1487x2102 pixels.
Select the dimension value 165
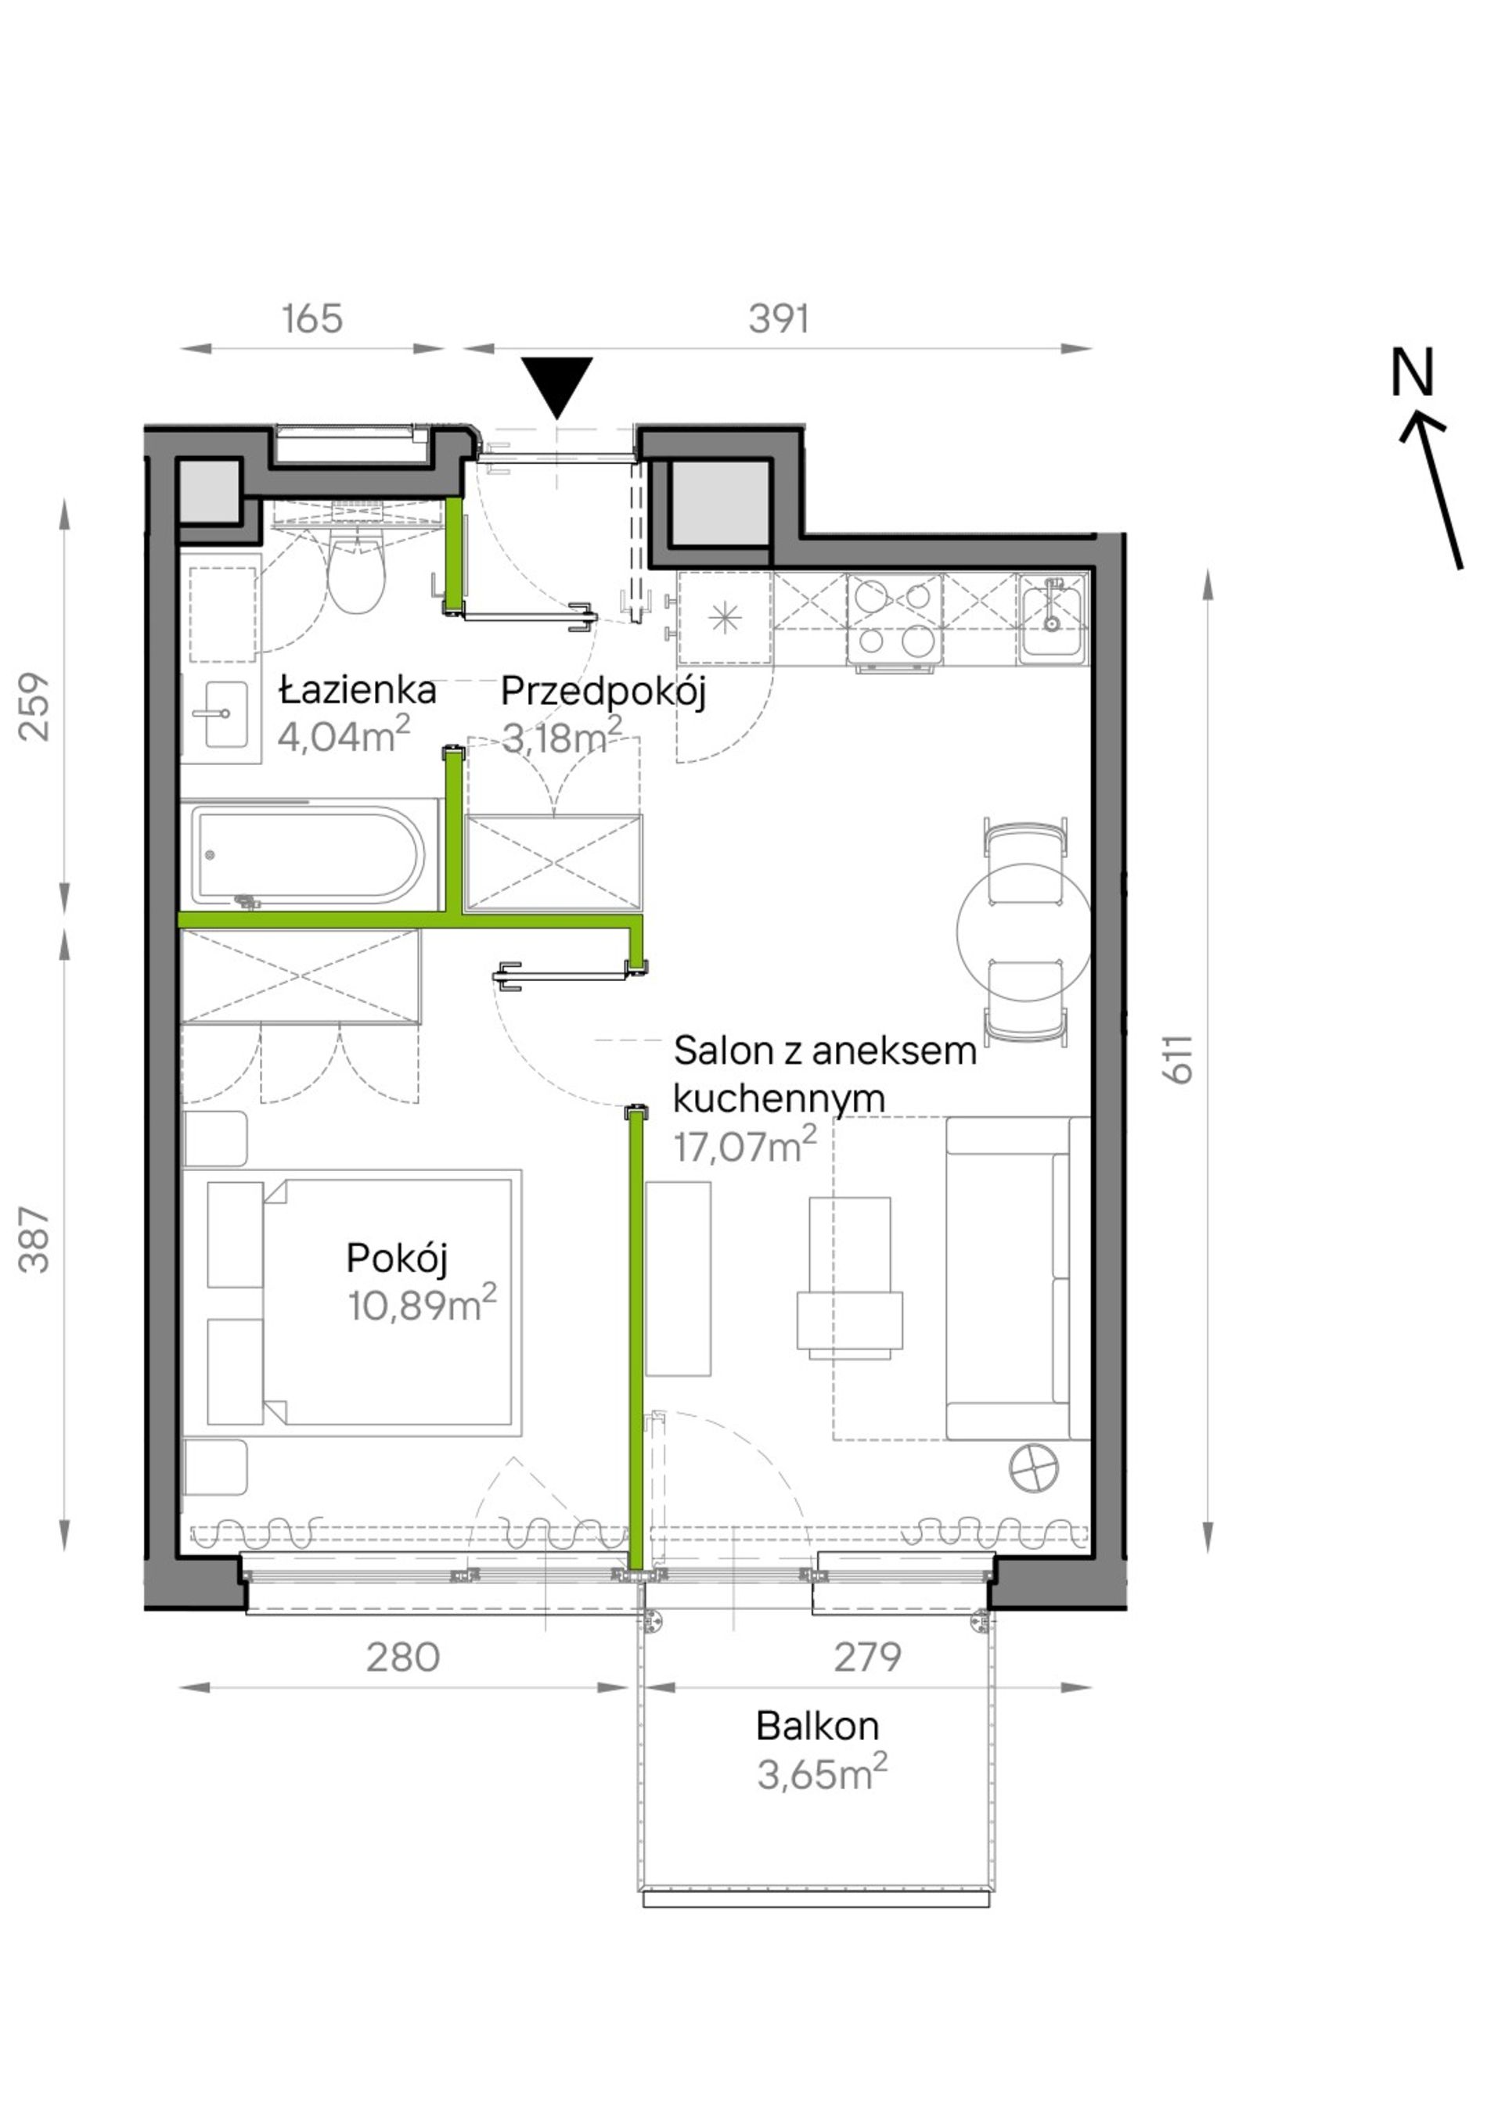tap(312, 318)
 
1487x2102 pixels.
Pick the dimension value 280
tap(403, 1657)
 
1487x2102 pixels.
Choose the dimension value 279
tap(867, 1656)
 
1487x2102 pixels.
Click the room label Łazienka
tap(357, 689)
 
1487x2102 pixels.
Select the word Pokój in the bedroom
tap(398, 1259)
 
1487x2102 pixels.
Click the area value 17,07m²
tap(744, 1145)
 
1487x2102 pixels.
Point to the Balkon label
tap(818, 1726)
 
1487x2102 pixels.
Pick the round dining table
tap(1024, 931)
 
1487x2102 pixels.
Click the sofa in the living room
tap(1017, 1278)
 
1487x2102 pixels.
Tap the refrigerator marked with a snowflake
tap(724, 619)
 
